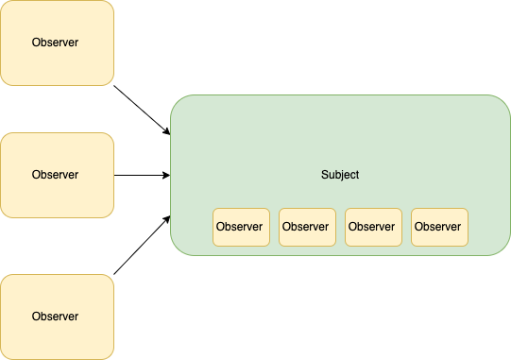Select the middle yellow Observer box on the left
[57, 175]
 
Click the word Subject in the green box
[340, 175]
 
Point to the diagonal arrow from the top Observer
[142, 109]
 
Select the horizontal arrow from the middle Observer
[142, 175]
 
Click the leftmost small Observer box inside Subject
[241, 227]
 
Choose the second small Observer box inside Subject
[307, 227]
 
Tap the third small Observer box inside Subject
[373, 227]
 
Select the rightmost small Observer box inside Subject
[439, 227]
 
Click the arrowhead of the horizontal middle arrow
[166, 175]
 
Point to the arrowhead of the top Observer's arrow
[166, 131]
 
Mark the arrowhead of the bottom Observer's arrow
[166, 219]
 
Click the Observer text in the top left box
[56, 43]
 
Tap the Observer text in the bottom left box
[56, 316]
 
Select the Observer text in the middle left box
[56, 175]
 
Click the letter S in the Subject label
[324, 175]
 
